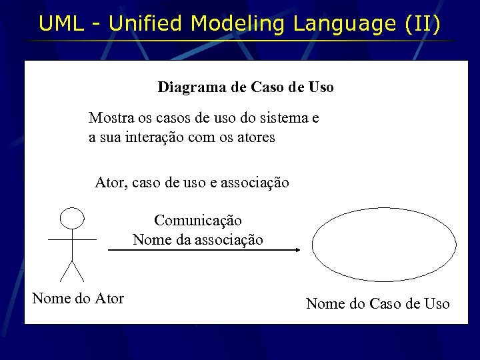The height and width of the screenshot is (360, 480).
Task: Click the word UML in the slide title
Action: tap(61, 24)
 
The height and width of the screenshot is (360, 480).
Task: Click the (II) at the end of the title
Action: tap(423, 24)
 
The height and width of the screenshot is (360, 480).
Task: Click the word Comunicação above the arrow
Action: tap(198, 220)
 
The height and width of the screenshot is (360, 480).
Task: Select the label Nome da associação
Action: tap(198, 239)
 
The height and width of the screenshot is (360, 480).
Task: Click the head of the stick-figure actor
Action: tap(72, 217)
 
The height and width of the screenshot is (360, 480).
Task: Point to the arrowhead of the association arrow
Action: tap(297, 250)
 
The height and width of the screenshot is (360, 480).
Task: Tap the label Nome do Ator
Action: tap(78, 298)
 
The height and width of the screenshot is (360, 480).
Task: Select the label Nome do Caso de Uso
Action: tap(377, 304)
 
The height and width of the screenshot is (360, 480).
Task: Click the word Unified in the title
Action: tap(145, 24)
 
